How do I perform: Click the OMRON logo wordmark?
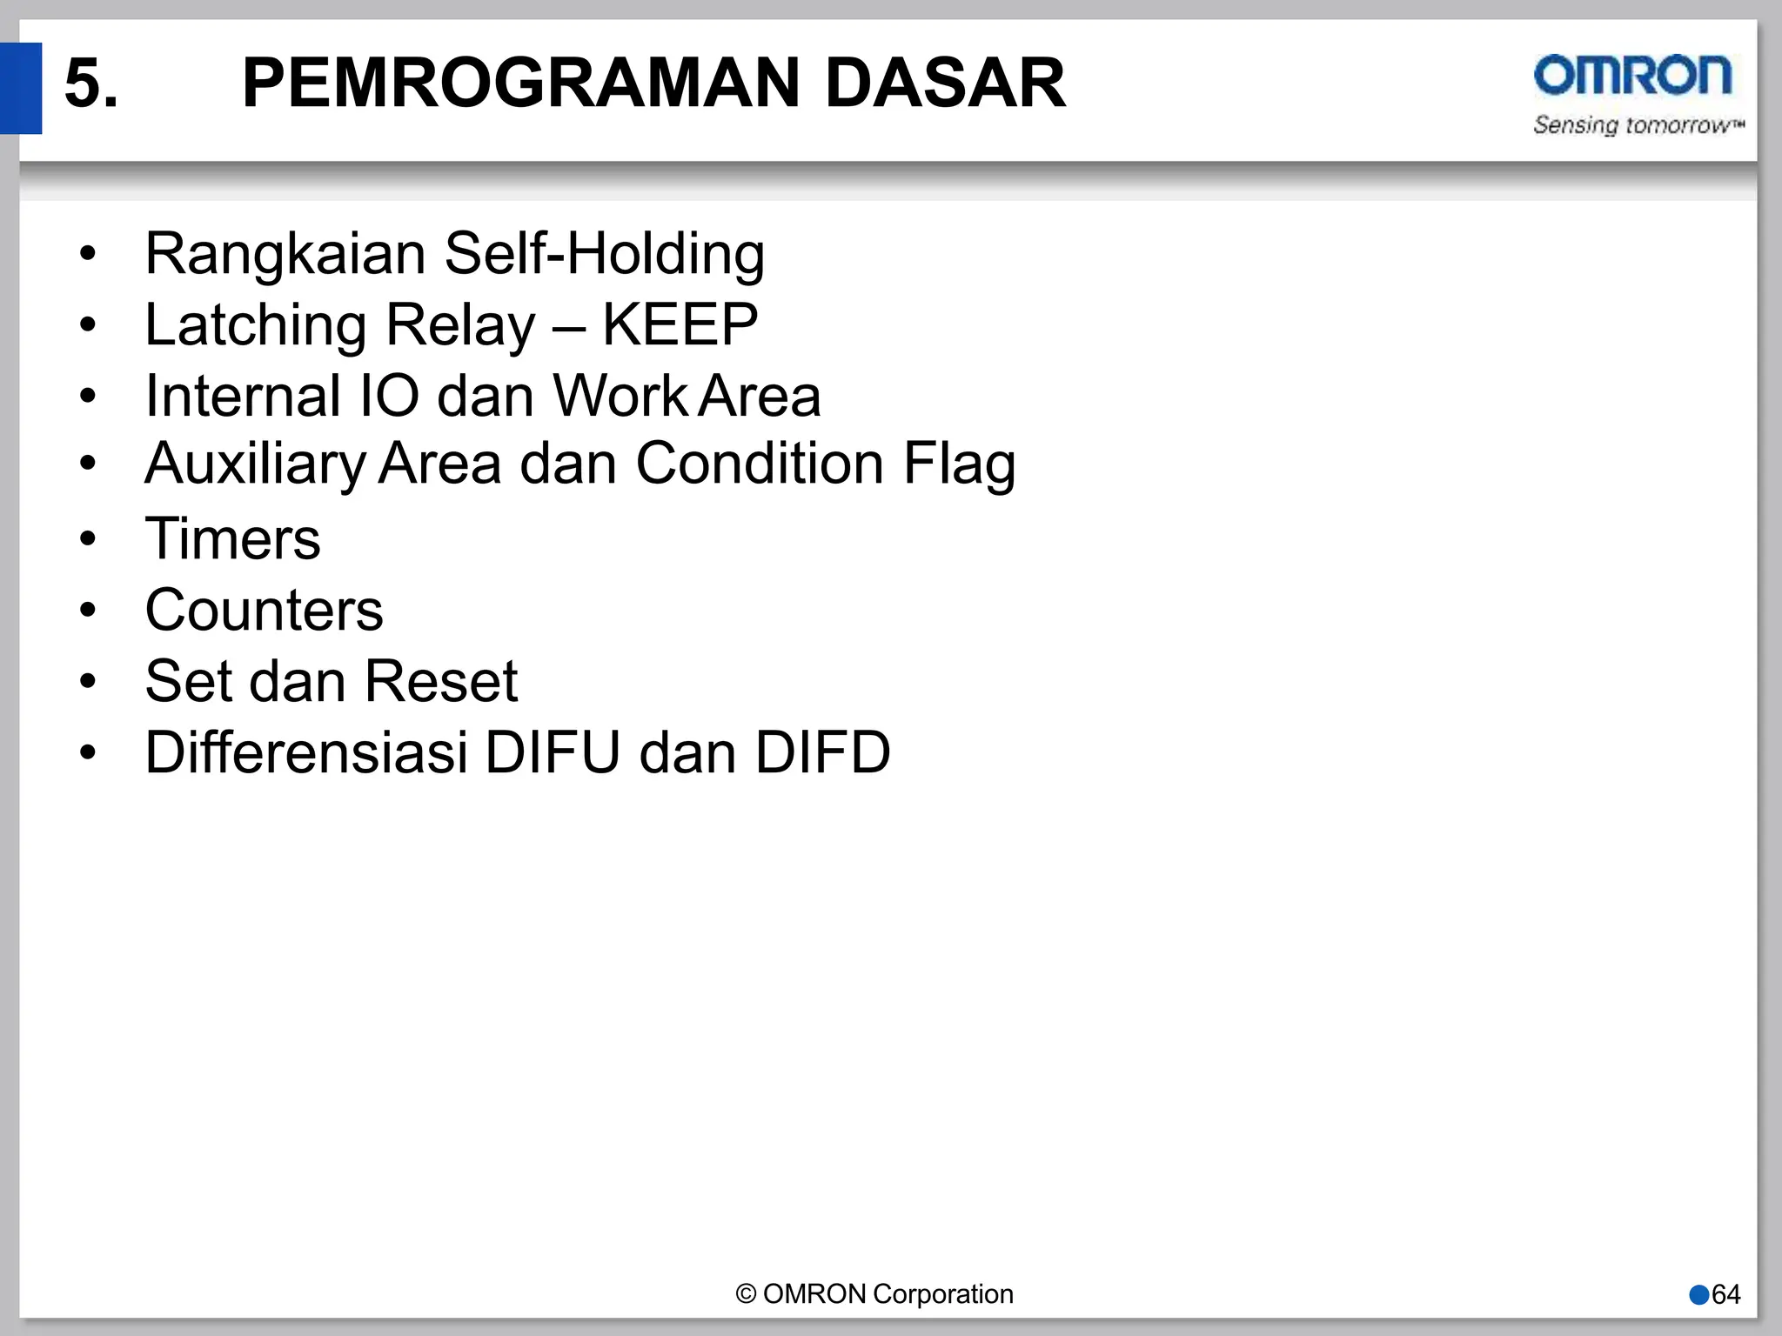[1632, 76]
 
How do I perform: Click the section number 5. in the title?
[90, 83]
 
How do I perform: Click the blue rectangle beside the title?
[20, 88]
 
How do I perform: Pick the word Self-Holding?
[604, 254]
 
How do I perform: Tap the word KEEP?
[680, 325]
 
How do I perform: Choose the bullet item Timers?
[232, 538]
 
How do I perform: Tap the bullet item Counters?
[264, 610]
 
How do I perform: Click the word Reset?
[440, 681]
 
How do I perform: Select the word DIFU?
[552, 752]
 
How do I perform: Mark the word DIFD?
[822, 752]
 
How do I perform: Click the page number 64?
[1725, 1294]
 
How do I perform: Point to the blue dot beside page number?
[1699, 1294]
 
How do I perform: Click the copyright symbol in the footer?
[746, 1294]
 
